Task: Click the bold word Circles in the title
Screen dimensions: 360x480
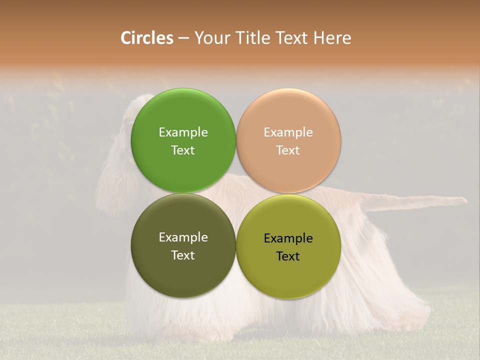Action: click(x=147, y=38)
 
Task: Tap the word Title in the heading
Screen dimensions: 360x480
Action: click(x=251, y=38)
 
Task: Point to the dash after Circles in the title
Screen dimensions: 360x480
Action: click(x=183, y=38)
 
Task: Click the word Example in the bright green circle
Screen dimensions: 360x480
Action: click(x=183, y=132)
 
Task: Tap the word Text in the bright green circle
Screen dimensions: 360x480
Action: click(x=183, y=150)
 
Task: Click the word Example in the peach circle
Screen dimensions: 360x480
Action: click(x=288, y=132)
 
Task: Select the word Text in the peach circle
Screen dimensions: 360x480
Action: click(x=288, y=150)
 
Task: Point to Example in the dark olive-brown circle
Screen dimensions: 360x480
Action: click(x=183, y=237)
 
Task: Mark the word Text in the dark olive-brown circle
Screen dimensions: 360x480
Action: click(x=183, y=255)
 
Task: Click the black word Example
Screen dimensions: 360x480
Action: click(x=288, y=238)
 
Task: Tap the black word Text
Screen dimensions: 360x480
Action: click(x=288, y=256)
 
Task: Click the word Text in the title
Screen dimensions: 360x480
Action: click(x=292, y=38)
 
